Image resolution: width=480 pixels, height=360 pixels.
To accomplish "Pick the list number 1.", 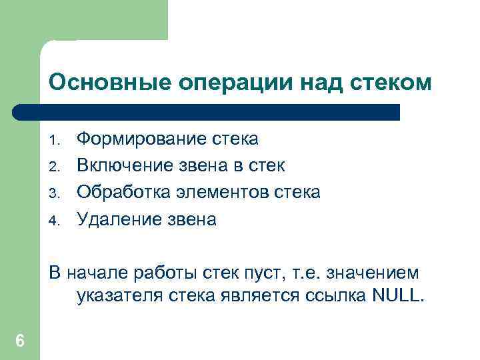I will pos(55,141).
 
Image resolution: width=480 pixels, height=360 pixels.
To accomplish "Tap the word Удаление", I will pos(114,219).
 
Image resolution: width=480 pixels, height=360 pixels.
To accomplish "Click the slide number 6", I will pos(20,341).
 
